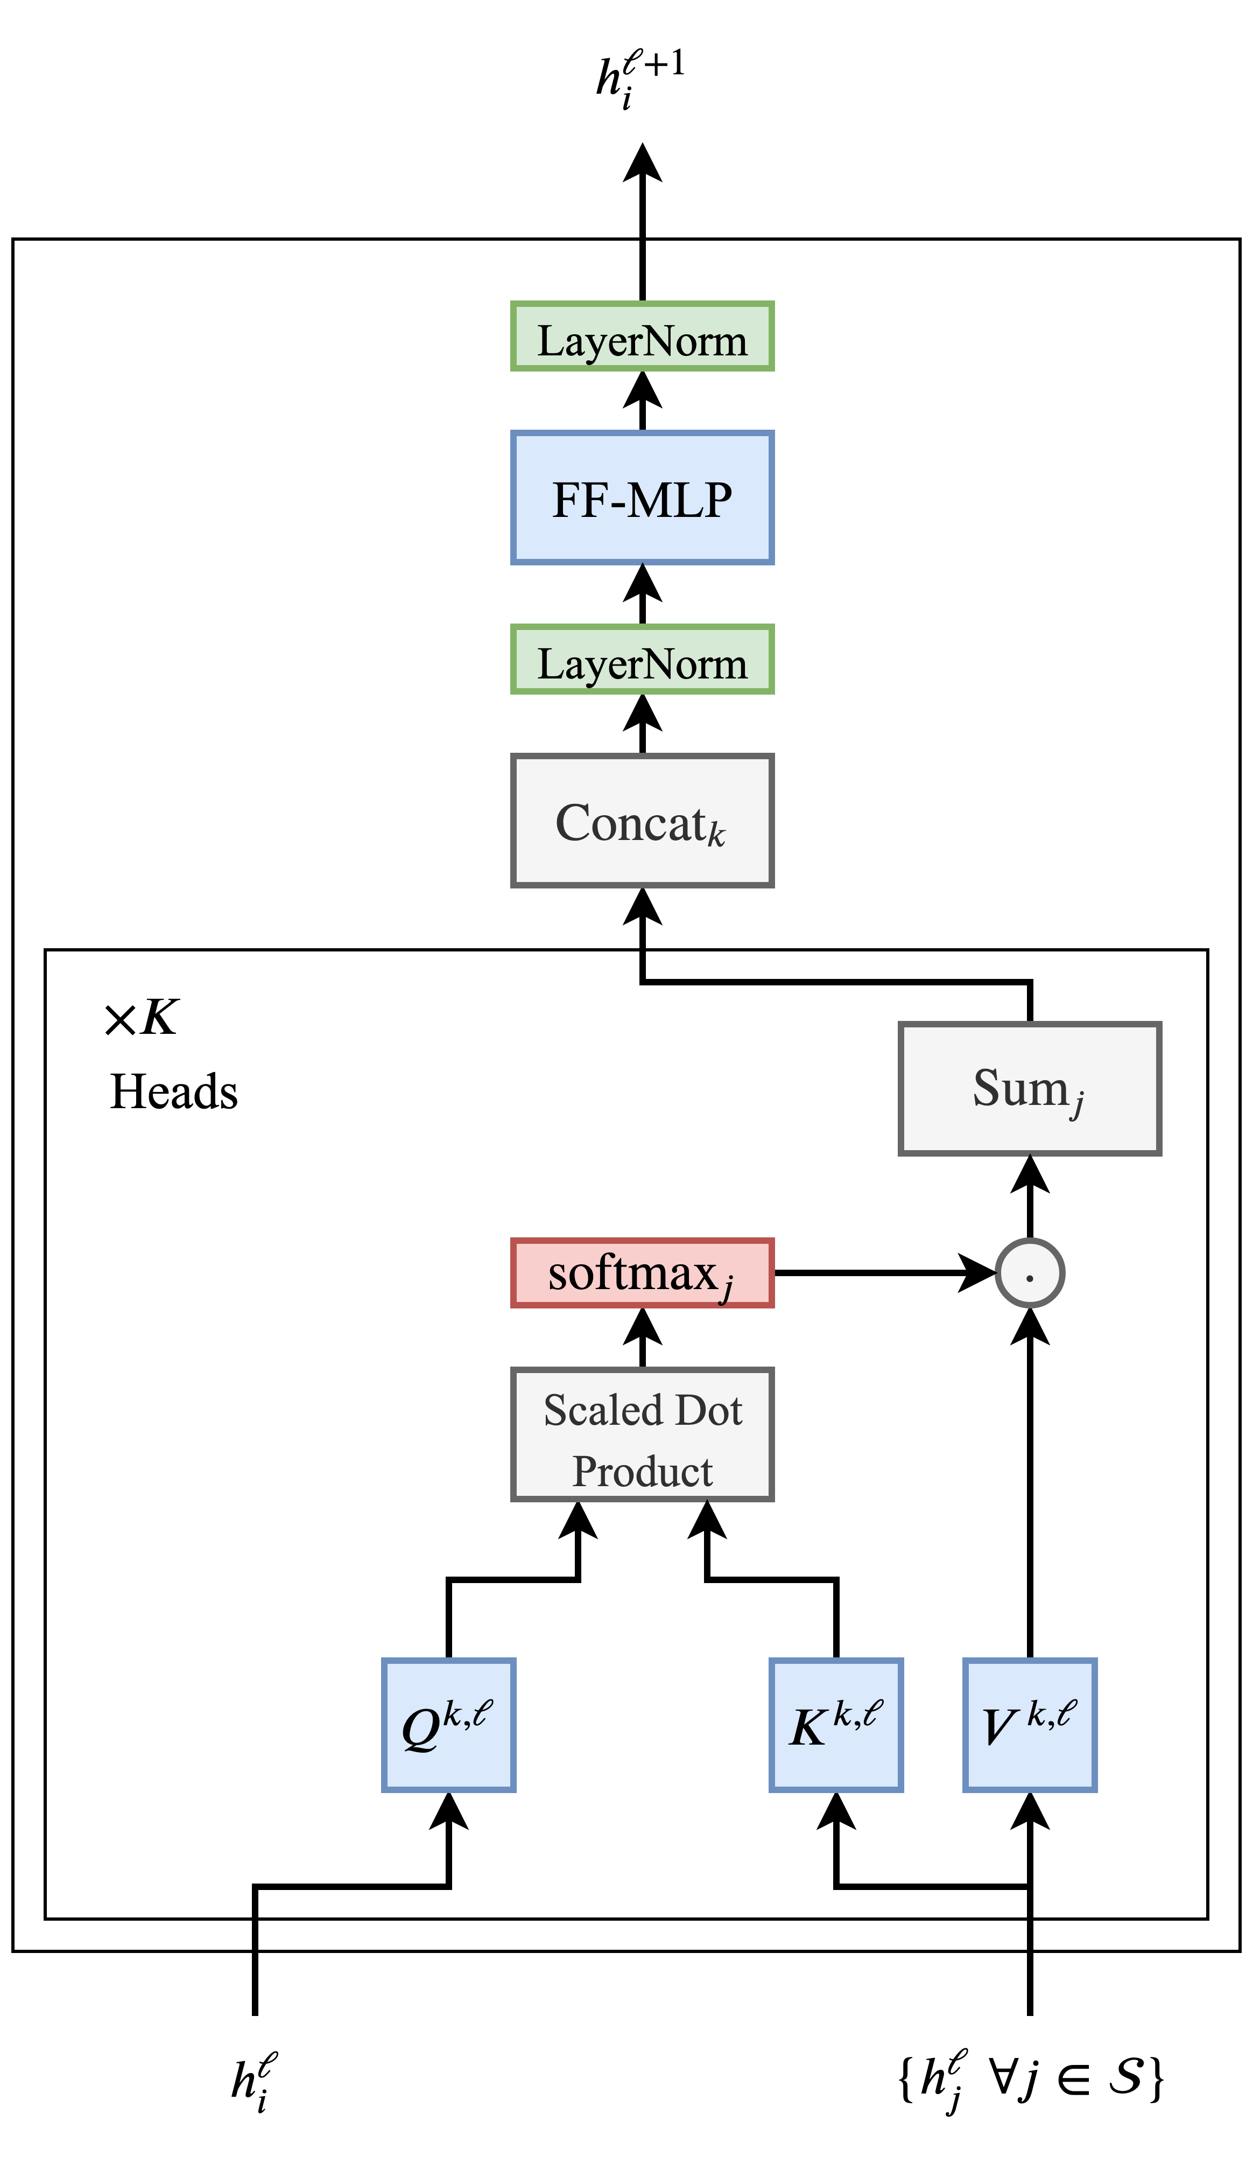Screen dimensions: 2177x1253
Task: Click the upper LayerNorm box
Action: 642,337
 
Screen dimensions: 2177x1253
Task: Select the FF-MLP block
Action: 642,499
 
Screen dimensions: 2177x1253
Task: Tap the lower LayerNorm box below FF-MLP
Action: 642,660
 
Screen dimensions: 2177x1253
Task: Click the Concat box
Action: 642,821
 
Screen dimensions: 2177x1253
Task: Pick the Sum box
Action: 1029,1089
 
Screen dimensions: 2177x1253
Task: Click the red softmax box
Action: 642,1273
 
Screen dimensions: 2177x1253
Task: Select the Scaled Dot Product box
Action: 642,1435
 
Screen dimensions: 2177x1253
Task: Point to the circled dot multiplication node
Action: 1029,1273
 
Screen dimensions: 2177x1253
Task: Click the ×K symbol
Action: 141,1018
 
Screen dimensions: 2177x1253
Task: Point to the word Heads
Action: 174,1091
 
